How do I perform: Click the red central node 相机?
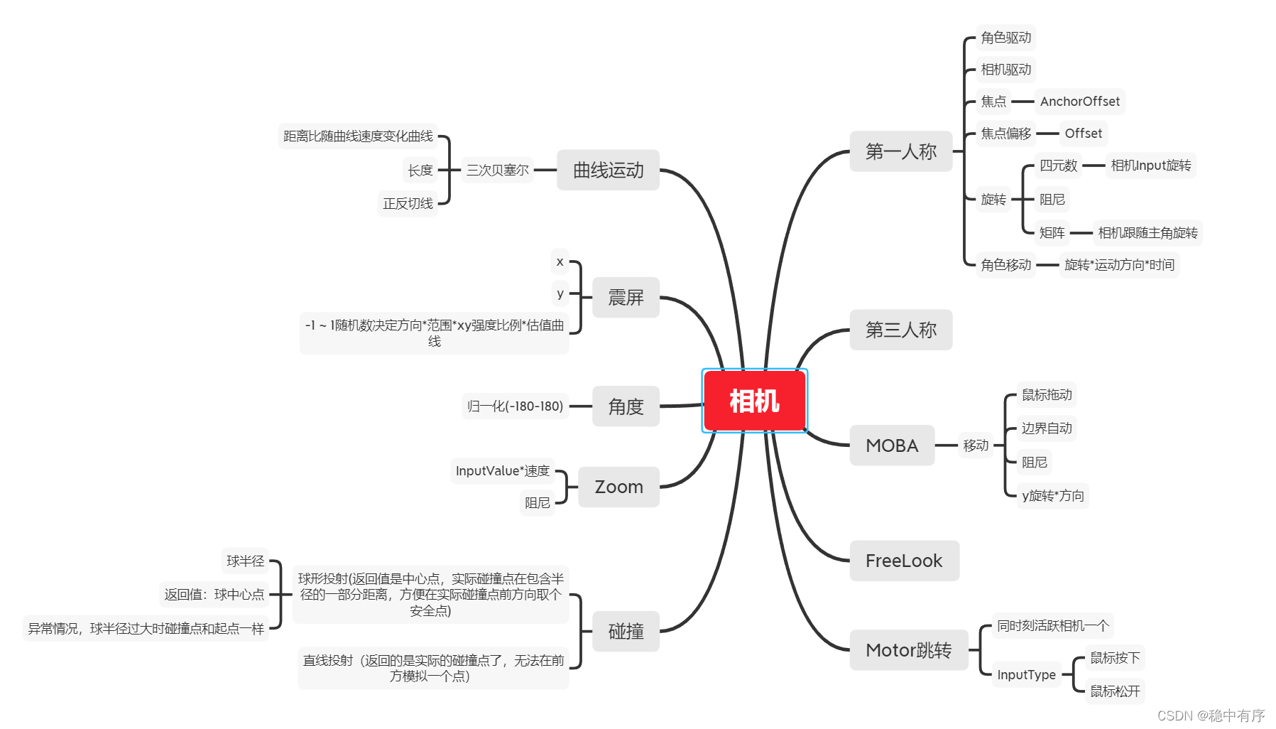(754, 401)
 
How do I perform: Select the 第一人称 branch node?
(900, 151)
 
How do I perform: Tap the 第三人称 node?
(900, 330)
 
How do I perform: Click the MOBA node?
(891, 445)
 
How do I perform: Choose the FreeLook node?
(903, 561)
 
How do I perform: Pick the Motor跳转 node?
(908, 650)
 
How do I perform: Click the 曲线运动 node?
(608, 170)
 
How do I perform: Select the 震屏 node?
(626, 297)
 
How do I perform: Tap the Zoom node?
(618, 487)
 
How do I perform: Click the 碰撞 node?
(626, 631)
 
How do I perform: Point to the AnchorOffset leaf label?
(1079, 102)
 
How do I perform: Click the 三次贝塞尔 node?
(497, 170)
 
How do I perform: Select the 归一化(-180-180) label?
(515, 406)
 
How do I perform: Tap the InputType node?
(1025, 674)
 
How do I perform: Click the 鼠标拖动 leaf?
(1047, 395)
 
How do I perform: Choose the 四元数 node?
(1058, 166)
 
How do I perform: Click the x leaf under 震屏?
(560, 261)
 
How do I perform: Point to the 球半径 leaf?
(245, 561)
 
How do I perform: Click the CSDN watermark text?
(1211, 715)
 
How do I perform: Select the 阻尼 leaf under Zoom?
(537, 503)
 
